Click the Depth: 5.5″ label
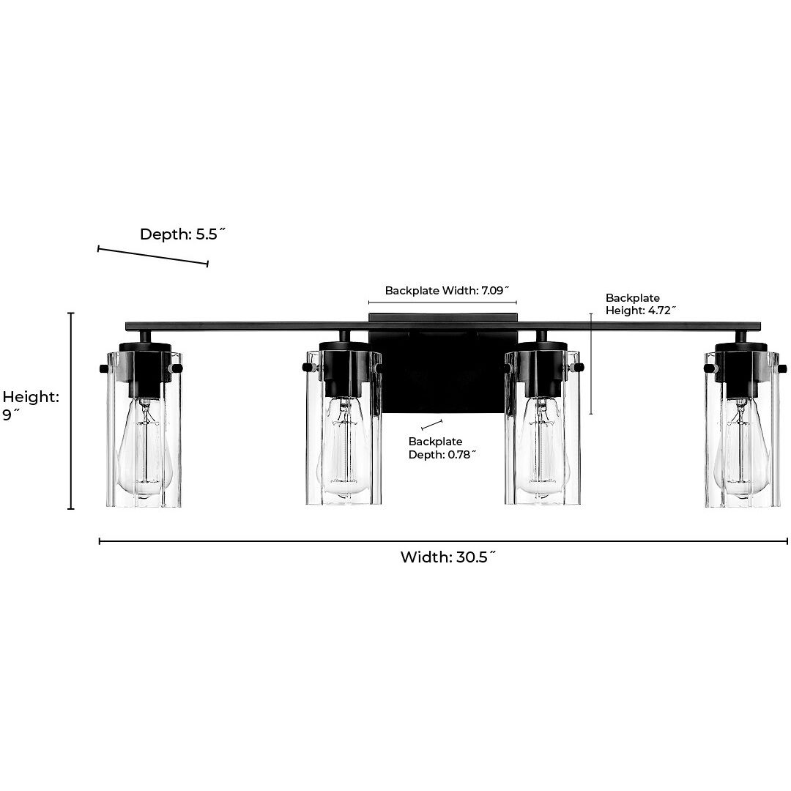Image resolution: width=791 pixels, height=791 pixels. [182, 234]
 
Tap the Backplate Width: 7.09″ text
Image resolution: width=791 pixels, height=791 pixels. [447, 291]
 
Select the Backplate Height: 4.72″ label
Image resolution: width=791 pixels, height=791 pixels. [640, 304]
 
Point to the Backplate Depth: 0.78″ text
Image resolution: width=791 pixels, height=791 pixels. [442, 448]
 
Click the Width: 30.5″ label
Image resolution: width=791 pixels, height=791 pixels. [448, 557]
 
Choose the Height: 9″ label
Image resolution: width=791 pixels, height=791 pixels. [31, 406]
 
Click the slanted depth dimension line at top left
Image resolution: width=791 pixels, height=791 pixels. [153, 256]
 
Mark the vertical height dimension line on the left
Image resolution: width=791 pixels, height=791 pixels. [71, 411]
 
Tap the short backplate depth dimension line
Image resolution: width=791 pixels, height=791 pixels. [432, 425]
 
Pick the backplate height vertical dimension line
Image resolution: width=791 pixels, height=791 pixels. [591, 364]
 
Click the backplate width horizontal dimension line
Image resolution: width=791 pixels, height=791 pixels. [442, 302]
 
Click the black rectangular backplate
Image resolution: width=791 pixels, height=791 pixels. [443, 363]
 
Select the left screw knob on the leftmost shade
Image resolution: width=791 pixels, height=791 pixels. [104, 368]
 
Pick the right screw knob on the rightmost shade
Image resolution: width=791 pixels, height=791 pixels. [782, 368]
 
